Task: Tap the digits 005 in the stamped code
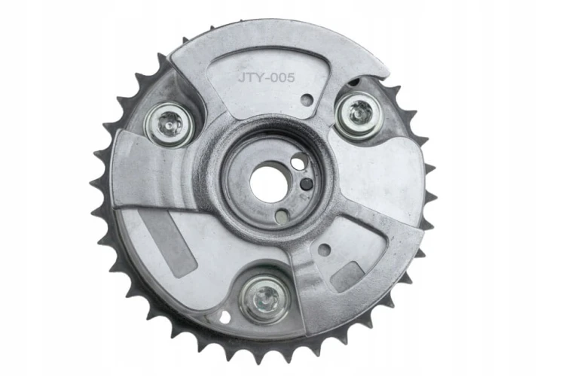click(x=283, y=77)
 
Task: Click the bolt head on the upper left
click(x=169, y=125)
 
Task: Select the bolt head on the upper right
click(x=359, y=115)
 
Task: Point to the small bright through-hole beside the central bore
click(x=299, y=162)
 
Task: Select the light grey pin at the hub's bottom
click(x=282, y=216)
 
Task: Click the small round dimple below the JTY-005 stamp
click(x=307, y=99)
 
